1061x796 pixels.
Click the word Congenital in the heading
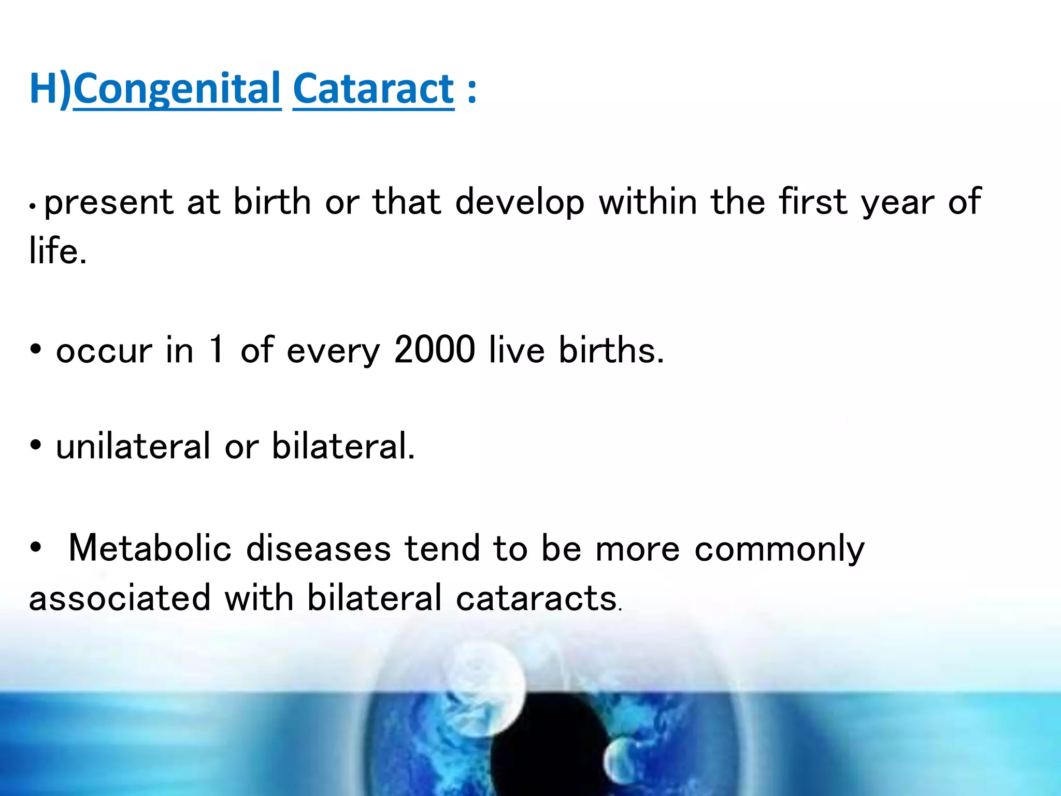pos(177,89)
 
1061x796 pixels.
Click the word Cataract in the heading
pos(374,89)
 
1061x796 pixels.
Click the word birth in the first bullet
pos(272,202)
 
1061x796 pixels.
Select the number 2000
pos(434,350)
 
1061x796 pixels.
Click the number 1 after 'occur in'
pos(217,350)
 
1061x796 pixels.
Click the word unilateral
pos(133,446)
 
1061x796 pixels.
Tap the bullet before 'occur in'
pos(35,350)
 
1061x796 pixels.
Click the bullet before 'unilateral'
pos(35,445)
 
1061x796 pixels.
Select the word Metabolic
pos(150,548)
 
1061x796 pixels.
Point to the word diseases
pos(318,548)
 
